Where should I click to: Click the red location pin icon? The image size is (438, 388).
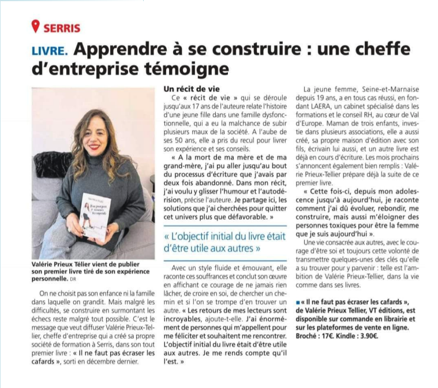point(36,27)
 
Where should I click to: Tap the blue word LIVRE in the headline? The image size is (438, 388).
point(50,51)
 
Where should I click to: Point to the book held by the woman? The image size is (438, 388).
point(95,217)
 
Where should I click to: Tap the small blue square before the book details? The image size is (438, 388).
point(297,303)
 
